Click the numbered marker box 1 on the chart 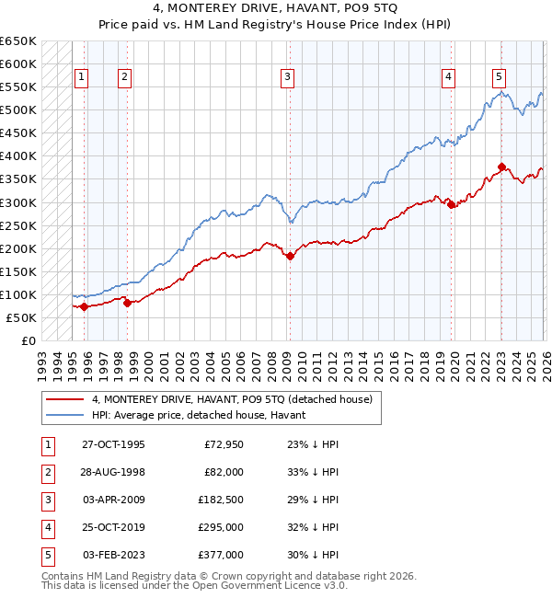pos(82,77)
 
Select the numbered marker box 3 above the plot pos(288,77)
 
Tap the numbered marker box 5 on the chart pos(499,77)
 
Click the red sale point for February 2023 pos(501,167)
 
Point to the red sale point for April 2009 pos(290,257)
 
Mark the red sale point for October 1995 pos(84,307)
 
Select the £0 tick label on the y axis pos(29,340)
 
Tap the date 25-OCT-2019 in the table pos(112,528)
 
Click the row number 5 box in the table pos(46,555)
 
